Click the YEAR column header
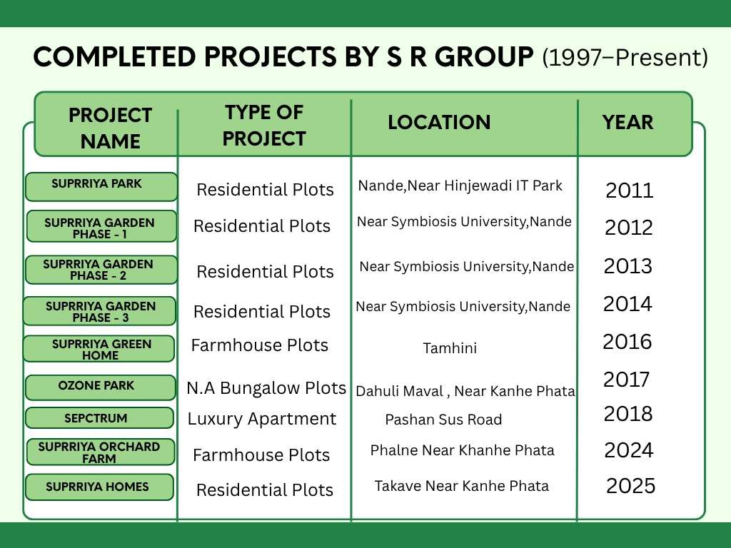[x=627, y=122]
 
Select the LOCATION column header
[x=439, y=122]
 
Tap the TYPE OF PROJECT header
[x=264, y=126]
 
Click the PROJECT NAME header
[x=111, y=128]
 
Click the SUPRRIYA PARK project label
[x=96, y=183]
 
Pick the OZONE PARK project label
[x=96, y=385]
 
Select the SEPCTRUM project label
[x=96, y=418]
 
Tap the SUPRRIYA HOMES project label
[x=97, y=487]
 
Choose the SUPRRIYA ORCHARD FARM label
[x=99, y=452]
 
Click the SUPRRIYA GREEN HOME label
[x=101, y=350]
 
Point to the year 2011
[x=630, y=190]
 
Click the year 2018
[x=628, y=413]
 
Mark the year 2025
[x=631, y=485]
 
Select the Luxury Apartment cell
[x=261, y=419]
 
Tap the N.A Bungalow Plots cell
[x=266, y=387]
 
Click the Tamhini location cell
[x=450, y=348]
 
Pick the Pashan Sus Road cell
[x=443, y=420]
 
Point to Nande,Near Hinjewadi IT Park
[x=460, y=186]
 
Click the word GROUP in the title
[x=485, y=57]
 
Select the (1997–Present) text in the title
[x=625, y=57]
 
